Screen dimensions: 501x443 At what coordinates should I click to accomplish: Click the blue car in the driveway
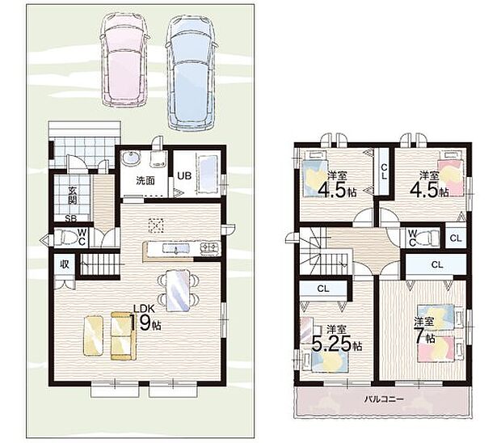tap(191, 73)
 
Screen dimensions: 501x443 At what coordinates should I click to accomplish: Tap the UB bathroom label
tap(184, 175)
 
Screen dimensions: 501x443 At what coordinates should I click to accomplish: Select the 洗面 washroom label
tap(145, 180)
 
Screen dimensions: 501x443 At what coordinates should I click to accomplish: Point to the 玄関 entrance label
tap(73, 196)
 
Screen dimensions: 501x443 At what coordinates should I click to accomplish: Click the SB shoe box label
tap(70, 218)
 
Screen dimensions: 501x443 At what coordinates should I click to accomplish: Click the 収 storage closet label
tap(65, 264)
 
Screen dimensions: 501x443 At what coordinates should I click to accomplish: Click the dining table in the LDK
tap(178, 290)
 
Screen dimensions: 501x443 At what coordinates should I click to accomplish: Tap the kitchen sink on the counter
tap(175, 248)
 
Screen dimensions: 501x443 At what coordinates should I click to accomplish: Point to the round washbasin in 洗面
tap(130, 158)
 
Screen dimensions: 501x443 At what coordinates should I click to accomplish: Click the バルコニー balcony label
tap(384, 399)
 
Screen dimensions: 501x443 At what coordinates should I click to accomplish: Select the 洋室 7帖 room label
tap(424, 330)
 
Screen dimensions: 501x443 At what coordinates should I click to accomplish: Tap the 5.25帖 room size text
tap(337, 344)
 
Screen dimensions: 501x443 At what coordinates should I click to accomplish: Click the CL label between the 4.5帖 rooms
tap(384, 172)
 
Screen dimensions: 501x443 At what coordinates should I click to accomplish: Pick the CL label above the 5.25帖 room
tap(323, 289)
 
